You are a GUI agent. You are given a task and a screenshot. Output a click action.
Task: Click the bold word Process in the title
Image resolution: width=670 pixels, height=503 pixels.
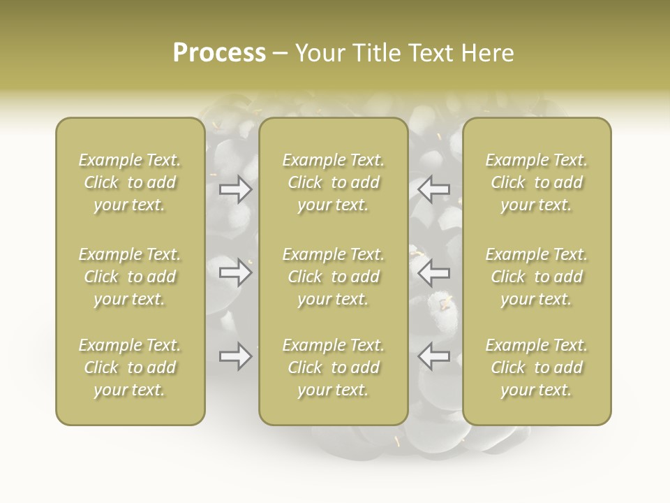point(219,53)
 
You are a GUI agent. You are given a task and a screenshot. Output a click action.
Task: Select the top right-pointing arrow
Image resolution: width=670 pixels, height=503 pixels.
point(236,189)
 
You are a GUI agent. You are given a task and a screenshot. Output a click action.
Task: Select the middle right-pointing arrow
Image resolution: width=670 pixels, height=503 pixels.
point(236,272)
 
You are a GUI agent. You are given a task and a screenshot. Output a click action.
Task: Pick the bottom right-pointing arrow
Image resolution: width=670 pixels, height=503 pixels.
point(236,356)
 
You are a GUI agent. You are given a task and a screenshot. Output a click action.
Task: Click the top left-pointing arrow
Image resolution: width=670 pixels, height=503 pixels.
point(433,189)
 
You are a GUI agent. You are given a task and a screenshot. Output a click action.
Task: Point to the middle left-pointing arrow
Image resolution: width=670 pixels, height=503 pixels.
point(433,272)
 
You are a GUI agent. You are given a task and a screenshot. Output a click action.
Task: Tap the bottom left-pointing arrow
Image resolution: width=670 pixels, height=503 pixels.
point(433,356)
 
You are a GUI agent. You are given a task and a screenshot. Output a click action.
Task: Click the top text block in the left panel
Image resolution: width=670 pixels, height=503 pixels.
point(130,182)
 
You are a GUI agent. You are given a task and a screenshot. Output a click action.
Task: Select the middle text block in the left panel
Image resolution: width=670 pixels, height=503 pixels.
point(130,277)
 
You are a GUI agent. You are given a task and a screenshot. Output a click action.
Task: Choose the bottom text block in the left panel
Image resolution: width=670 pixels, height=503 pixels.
point(130,367)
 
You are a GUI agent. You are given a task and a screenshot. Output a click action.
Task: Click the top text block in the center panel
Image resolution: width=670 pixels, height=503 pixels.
point(333,182)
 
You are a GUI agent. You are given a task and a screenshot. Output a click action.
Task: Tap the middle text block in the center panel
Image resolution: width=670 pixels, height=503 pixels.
point(333,277)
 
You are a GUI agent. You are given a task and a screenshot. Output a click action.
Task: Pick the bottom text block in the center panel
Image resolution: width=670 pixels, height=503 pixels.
point(333,367)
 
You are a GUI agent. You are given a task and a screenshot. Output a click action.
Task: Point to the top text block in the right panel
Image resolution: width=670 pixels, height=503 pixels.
point(537,182)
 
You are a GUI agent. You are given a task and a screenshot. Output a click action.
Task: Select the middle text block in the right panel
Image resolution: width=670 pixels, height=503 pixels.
point(537,277)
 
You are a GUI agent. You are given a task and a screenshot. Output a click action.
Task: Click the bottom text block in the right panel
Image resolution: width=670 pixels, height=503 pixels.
point(537,367)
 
